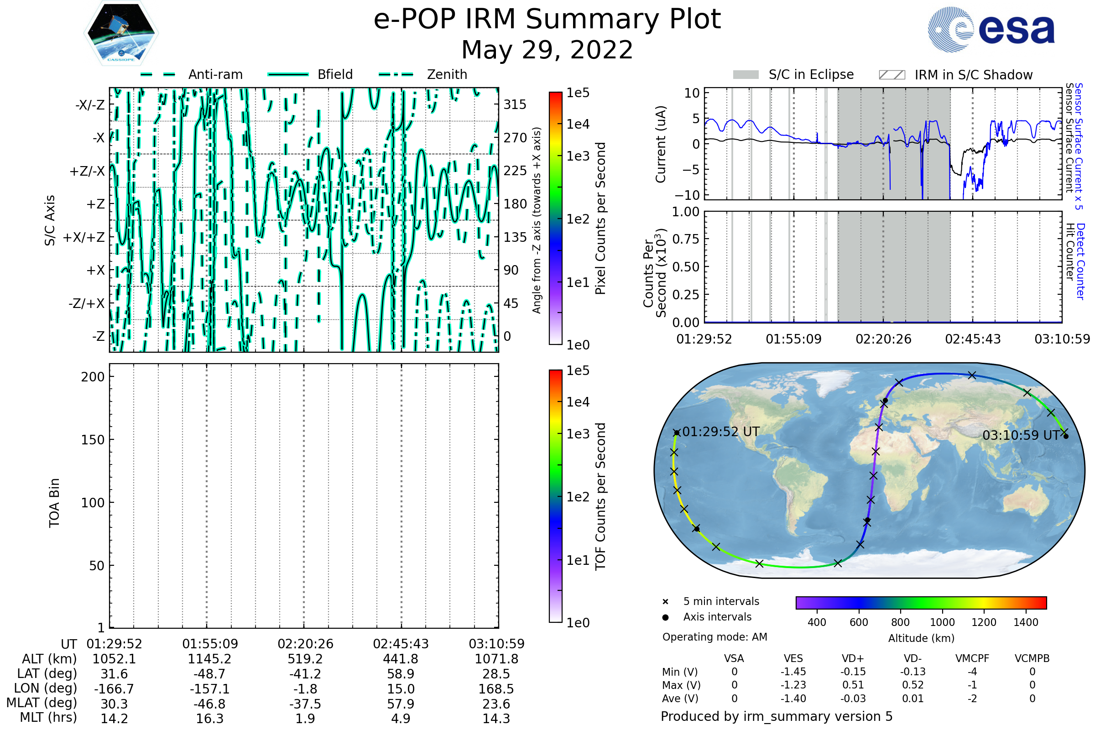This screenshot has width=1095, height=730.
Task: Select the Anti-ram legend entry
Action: (x=215, y=74)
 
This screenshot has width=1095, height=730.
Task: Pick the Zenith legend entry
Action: (x=447, y=74)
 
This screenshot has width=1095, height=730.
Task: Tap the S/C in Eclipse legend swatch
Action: (x=746, y=75)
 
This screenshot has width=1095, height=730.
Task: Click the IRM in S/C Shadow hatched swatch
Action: (x=892, y=75)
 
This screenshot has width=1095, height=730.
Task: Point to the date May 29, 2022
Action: (x=547, y=50)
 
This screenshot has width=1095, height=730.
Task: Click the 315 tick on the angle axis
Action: (x=515, y=104)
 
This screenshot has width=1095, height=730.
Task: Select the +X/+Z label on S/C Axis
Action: (x=84, y=237)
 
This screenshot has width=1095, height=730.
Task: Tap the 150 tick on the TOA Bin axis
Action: (x=93, y=440)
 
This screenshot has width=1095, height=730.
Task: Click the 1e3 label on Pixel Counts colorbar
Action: (x=578, y=156)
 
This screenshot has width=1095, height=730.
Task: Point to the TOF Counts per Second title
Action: (x=600, y=496)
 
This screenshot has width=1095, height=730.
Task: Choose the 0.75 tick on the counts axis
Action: (x=686, y=239)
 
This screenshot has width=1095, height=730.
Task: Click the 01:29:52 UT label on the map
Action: (x=721, y=432)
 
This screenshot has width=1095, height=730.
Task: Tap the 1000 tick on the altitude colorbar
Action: (x=942, y=622)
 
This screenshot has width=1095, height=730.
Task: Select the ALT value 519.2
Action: (x=305, y=659)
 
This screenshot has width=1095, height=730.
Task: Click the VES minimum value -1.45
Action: (x=793, y=672)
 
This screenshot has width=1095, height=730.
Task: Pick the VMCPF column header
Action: (x=972, y=658)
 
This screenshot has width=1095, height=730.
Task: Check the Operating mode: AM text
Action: (x=714, y=637)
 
